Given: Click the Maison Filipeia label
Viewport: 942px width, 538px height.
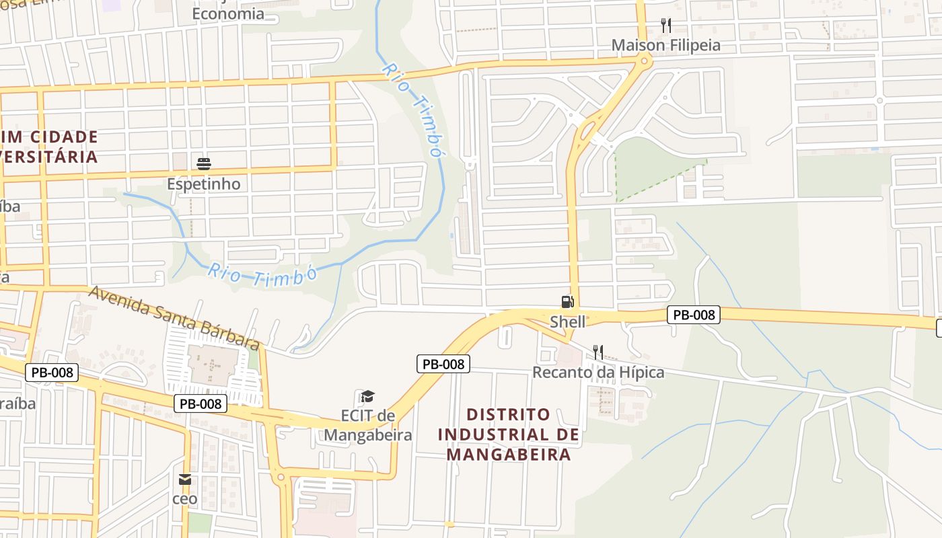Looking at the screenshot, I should pos(665,45).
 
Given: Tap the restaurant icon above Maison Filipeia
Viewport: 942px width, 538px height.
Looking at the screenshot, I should pos(666,26).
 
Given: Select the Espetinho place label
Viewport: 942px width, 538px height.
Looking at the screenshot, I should pos(204,184).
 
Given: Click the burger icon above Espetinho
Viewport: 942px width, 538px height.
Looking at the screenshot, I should pos(204,163).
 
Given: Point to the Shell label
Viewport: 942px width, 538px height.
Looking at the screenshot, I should pos(568,321).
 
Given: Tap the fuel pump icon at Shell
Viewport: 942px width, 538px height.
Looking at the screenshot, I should pos(567,302).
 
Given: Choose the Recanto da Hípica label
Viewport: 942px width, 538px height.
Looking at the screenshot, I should pos(598,372).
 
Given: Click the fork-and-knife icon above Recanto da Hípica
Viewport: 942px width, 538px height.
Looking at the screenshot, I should pos(598,352).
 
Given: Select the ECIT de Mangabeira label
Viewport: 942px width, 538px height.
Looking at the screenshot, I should pos(367,425).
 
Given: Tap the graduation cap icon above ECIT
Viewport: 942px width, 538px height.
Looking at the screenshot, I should pos(367,396).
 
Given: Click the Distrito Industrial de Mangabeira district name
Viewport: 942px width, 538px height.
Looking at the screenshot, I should pos(509,434).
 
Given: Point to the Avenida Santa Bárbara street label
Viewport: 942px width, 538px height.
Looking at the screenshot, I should pos(174,317).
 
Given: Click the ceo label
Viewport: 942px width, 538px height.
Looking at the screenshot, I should pos(185,499).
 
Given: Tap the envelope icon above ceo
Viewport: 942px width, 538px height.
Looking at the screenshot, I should pos(185,479).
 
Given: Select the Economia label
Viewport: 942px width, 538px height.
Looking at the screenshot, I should pos(228,13).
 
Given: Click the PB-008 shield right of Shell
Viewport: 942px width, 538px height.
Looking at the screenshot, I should pos(694,314).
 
